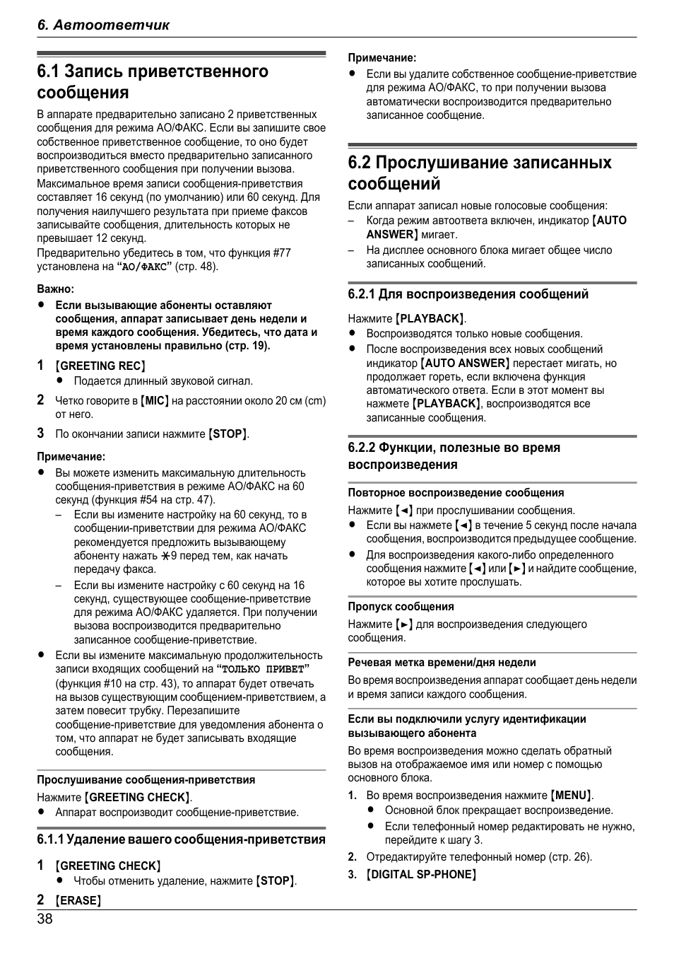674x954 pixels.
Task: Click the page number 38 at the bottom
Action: [45, 919]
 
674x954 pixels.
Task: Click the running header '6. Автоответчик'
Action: [104, 25]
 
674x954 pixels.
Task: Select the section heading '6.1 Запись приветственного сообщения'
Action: [153, 82]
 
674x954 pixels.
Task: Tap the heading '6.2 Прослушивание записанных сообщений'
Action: [480, 173]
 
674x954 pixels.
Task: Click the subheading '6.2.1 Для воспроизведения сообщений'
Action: [468, 294]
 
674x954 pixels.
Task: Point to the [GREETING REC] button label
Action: [100, 366]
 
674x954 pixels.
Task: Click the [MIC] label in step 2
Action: [155, 401]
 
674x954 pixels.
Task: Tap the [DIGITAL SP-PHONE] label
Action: [421, 874]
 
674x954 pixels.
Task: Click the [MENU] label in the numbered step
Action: [571, 795]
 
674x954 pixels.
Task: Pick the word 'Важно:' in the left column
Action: [56, 289]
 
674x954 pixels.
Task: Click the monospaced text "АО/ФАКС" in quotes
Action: [144, 267]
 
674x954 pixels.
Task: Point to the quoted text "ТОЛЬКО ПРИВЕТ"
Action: [263, 669]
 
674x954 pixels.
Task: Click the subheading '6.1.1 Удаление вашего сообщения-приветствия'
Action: [181, 839]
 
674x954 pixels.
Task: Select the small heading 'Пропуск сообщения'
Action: [401, 606]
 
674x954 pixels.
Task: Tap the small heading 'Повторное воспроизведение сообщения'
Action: [456, 492]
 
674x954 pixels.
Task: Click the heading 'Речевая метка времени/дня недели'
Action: [442, 663]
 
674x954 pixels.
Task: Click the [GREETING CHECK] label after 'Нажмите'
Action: [138, 797]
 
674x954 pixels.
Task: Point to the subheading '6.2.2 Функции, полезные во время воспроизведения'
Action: [454, 456]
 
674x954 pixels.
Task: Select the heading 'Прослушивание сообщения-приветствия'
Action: [146, 779]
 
